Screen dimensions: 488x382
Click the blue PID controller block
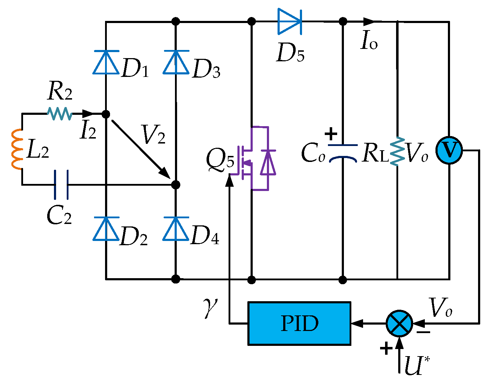click(x=299, y=323)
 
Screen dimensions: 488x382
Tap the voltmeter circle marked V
click(x=449, y=150)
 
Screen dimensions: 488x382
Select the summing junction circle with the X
click(x=399, y=323)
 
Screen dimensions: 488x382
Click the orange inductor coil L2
click(x=16, y=149)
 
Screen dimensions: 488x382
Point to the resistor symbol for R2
click(x=60, y=114)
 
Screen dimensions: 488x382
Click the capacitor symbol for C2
click(x=61, y=185)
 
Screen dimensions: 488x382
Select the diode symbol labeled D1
click(x=106, y=62)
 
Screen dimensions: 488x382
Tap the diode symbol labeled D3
click(x=176, y=62)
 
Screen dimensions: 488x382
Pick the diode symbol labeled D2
click(x=106, y=229)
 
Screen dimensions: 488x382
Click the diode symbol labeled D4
click(x=176, y=229)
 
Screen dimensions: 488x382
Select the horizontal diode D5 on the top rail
click(x=289, y=22)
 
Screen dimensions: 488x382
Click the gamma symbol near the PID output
click(x=210, y=307)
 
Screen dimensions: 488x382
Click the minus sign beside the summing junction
click(x=423, y=332)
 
